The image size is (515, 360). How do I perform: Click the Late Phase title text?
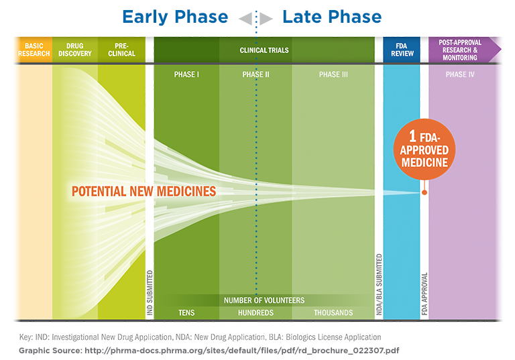332,17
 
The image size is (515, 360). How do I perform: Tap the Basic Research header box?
34,50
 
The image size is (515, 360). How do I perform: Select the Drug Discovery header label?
74,50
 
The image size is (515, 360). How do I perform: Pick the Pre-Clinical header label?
121,50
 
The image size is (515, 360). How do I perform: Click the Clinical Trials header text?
264,50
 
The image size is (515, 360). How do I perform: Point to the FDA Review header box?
401,50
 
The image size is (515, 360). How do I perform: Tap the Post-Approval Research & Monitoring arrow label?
460,50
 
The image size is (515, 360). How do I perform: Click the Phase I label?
186,74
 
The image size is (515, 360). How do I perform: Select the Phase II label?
255,74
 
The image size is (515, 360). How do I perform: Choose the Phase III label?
333,74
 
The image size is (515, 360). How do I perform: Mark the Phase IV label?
460,74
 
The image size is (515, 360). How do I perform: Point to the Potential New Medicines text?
144,192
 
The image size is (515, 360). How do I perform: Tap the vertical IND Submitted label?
150,293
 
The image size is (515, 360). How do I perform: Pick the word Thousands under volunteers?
333,313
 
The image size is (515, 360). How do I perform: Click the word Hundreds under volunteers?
255,313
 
